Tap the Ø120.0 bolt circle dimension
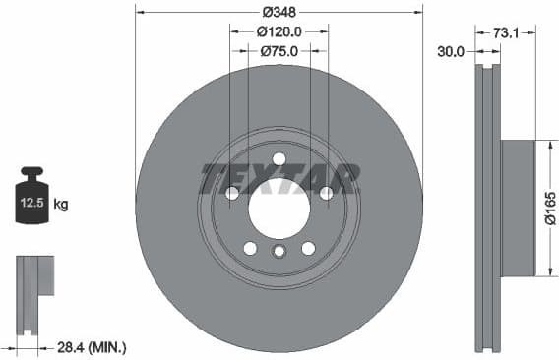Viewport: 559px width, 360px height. (x=279, y=31)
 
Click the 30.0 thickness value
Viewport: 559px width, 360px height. (x=452, y=51)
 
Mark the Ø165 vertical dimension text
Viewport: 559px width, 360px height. (x=550, y=208)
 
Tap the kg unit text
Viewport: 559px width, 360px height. (x=61, y=205)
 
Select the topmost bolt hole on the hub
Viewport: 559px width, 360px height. (x=279, y=159)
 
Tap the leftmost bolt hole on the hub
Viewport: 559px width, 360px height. (x=232, y=193)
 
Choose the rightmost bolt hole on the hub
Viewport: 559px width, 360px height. (x=325, y=193)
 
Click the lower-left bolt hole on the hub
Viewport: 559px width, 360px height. (x=250, y=248)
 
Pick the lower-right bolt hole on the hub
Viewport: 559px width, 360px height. (x=308, y=248)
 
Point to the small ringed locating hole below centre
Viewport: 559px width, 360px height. (x=279, y=252)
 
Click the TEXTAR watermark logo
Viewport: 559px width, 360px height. (x=279, y=179)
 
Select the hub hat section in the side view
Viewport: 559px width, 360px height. (x=518, y=208)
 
